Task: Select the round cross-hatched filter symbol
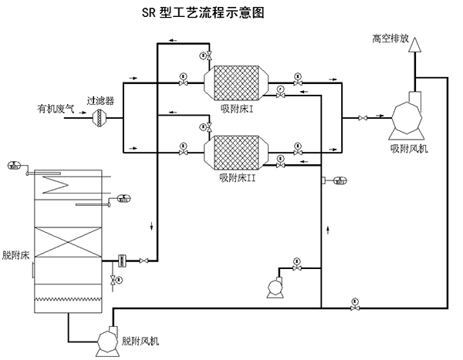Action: (x=100, y=118)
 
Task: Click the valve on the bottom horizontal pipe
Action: (x=354, y=308)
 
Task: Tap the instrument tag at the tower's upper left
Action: (x=15, y=165)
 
